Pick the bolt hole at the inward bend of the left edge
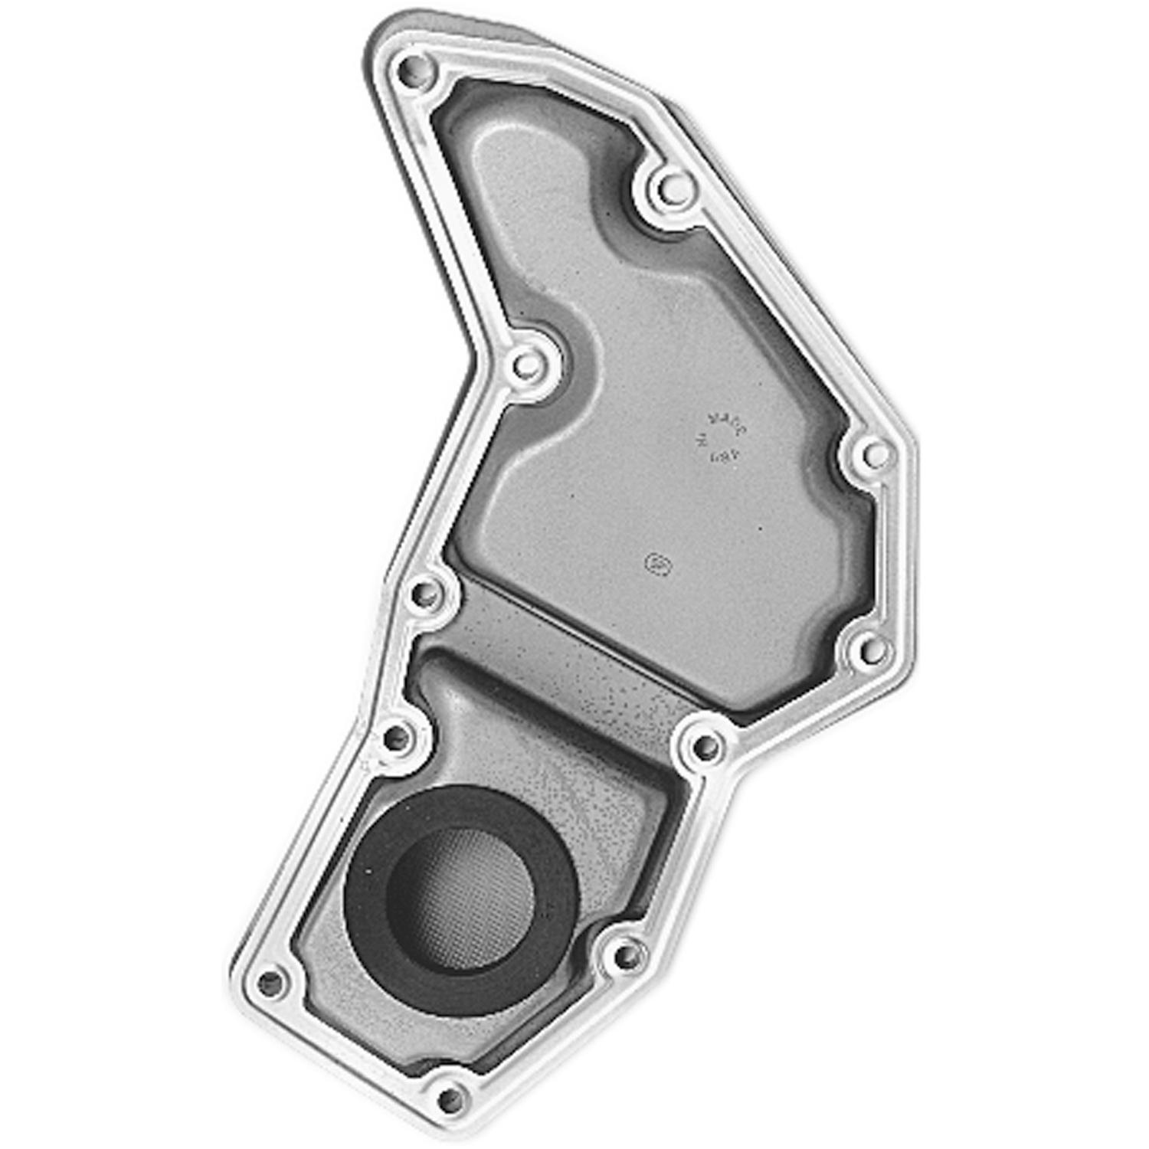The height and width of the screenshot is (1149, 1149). coord(525,364)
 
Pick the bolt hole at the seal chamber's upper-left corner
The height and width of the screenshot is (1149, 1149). coord(397,738)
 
